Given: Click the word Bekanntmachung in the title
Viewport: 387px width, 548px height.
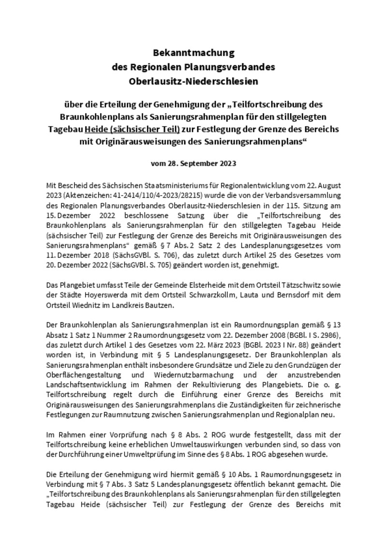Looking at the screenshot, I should [193, 52].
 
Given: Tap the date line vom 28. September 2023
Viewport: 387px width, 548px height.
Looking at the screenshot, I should [193, 163].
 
